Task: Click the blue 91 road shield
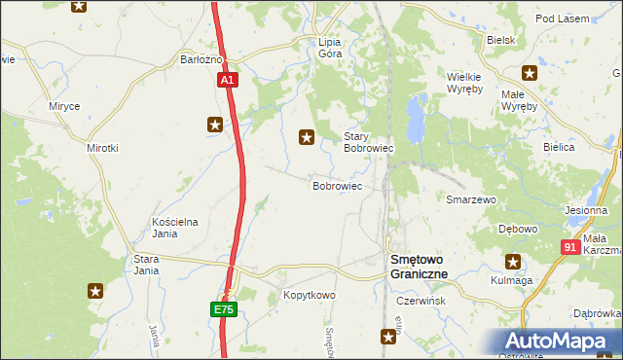click(x=571, y=247)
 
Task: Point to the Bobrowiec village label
click(x=337, y=185)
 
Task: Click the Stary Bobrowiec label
click(x=368, y=143)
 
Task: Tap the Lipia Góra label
click(x=330, y=48)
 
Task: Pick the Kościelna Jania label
click(x=175, y=227)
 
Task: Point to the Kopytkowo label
click(x=309, y=295)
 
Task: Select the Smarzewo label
click(x=471, y=199)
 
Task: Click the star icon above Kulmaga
click(x=513, y=261)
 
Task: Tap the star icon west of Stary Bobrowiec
click(x=308, y=138)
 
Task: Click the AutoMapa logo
click(x=558, y=342)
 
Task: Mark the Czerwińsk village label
click(x=421, y=302)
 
